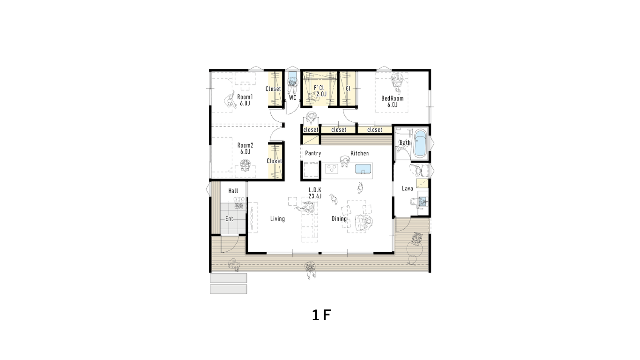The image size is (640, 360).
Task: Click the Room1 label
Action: tap(245, 97)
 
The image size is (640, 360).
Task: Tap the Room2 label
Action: tap(245, 145)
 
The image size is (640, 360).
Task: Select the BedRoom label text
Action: tap(392, 98)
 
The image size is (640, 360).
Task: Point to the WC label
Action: tap(292, 98)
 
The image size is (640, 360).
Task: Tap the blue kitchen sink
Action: tap(363, 169)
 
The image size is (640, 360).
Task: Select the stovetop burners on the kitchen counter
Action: tap(332, 169)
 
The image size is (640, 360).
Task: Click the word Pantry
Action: tap(313, 153)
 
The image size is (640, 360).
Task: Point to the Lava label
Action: tap(407, 188)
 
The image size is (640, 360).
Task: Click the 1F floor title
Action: tap(321, 315)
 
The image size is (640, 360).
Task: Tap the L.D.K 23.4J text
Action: tap(315, 193)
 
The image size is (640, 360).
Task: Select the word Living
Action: tap(277, 219)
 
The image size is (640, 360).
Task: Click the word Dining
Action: tap(339, 219)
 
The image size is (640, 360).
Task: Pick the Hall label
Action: tap(233, 191)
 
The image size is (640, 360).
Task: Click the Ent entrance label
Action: tap(229, 219)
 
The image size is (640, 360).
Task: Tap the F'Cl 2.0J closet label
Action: tap(320, 91)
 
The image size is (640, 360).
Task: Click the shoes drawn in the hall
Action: tap(239, 202)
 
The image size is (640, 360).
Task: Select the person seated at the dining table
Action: tap(364, 223)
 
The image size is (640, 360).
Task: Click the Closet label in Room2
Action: tap(274, 161)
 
